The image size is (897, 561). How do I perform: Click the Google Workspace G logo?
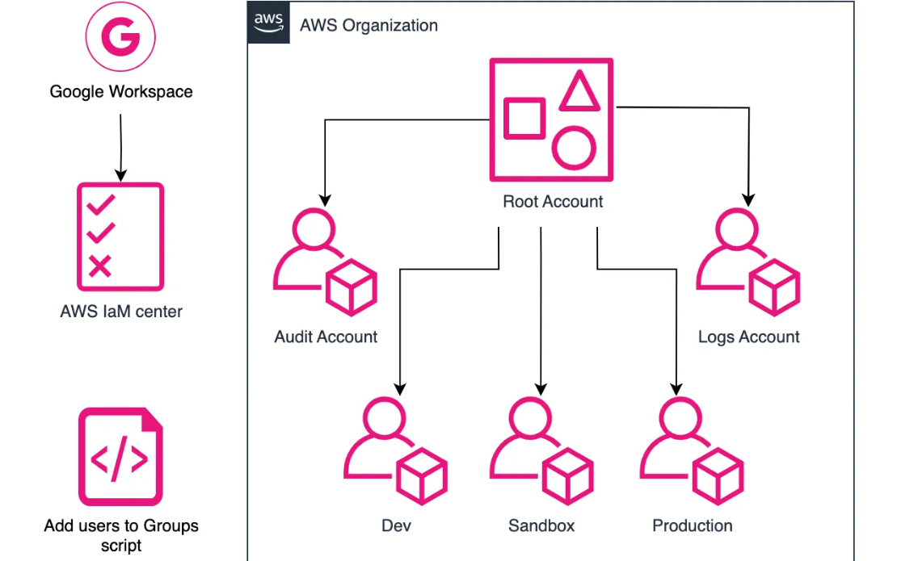[x=120, y=38]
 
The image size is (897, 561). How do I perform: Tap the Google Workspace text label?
[x=121, y=92]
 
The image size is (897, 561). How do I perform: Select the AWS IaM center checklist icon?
[x=120, y=236]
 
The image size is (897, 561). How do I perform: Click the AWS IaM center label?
[x=121, y=312]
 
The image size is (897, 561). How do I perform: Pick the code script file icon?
[x=120, y=457]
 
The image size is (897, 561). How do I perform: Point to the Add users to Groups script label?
[x=121, y=535]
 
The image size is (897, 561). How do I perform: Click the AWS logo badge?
[x=267, y=21]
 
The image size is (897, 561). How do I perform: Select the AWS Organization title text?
[x=368, y=25]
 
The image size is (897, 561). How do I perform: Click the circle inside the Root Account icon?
[x=575, y=148]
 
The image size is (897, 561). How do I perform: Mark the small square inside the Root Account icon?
[x=524, y=118]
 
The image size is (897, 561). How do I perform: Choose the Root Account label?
[x=553, y=202]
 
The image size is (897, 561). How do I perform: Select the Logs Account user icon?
[x=747, y=262]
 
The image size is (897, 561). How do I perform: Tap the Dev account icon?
[x=396, y=450]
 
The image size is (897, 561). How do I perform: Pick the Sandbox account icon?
[x=541, y=450]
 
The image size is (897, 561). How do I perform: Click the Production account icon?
[x=692, y=450]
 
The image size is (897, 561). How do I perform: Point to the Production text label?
[x=693, y=526]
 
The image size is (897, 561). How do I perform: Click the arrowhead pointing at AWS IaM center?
[x=120, y=174]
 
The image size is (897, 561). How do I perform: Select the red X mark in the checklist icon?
[x=100, y=266]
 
